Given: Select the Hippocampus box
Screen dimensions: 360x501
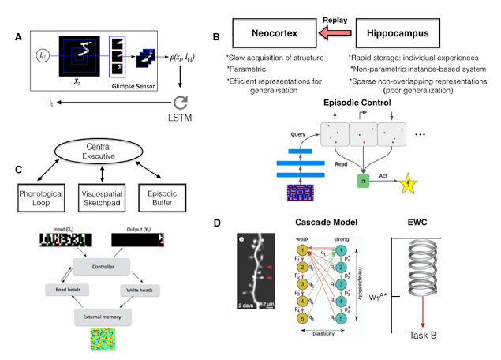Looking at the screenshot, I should (x=396, y=35).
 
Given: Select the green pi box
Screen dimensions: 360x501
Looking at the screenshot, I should (x=364, y=180).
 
